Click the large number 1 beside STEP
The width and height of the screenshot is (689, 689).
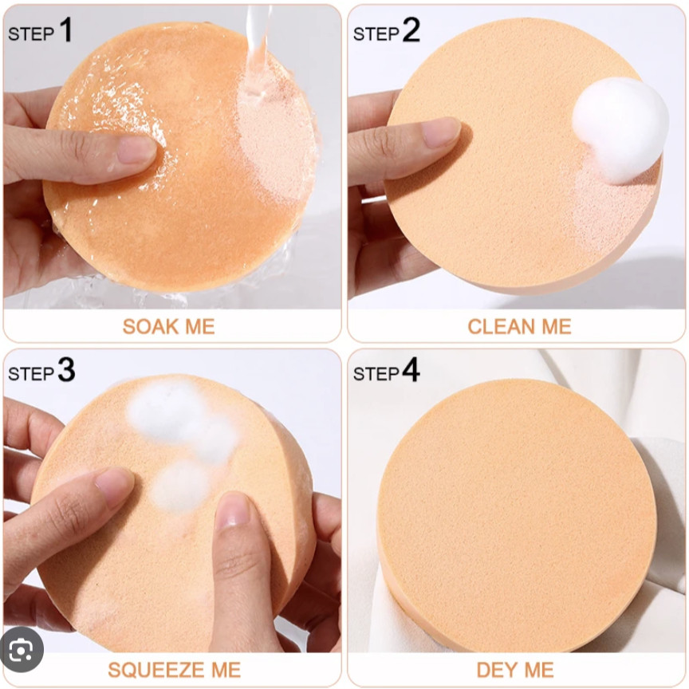tap(66, 30)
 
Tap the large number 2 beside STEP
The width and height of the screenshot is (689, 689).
tap(411, 30)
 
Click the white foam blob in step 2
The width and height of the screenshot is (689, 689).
tap(620, 130)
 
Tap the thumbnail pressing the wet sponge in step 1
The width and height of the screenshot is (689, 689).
tap(136, 149)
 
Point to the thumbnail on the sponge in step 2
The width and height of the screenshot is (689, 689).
tap(441, 132)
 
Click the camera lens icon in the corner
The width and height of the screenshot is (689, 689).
tap(21, 649)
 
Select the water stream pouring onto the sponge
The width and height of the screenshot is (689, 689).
tap(258, 49)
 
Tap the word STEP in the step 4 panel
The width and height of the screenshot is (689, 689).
tap(376, 374)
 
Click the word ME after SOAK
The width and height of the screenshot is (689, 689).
tap(200, 326)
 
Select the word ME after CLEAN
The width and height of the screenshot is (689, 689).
tap(557, 326)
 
